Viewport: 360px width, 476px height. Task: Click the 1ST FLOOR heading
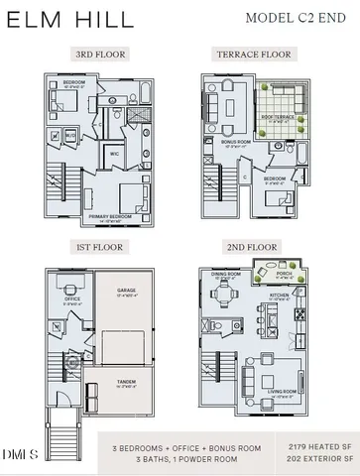98,244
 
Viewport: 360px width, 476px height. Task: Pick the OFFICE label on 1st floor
72,298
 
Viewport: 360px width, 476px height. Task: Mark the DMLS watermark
20,455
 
